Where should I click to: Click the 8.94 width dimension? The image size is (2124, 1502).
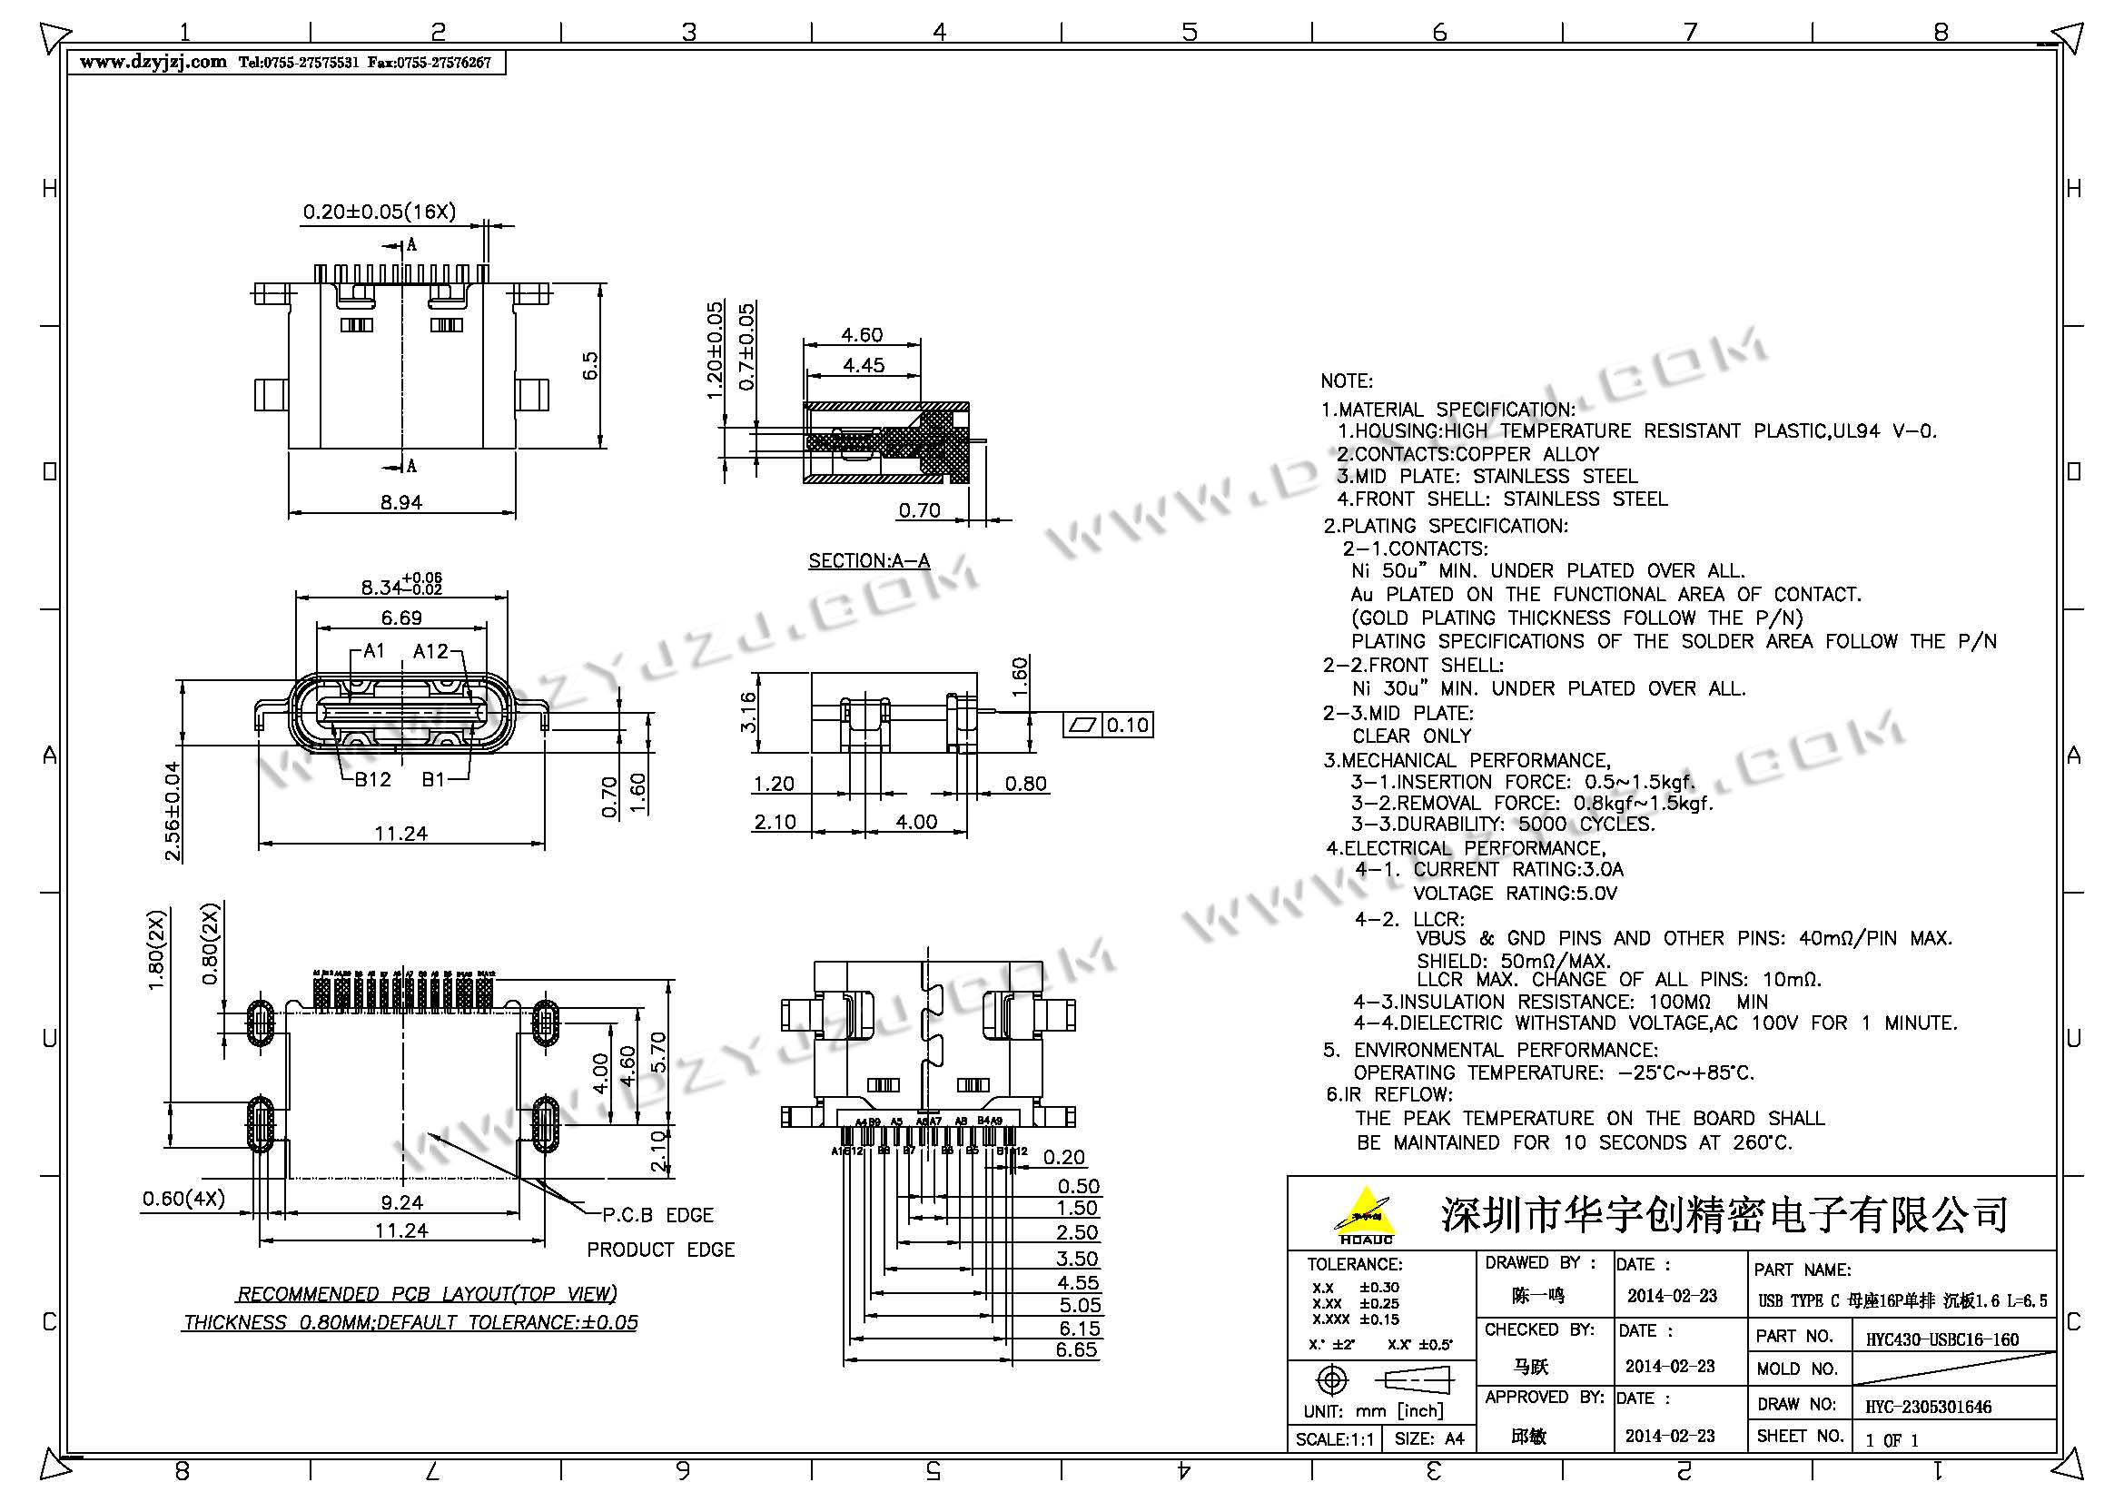tap(400, 502)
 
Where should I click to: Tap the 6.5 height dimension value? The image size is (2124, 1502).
tap(590, 364)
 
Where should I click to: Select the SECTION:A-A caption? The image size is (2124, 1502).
tap(869, 560)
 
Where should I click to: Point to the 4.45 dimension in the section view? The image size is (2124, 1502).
tap(863, 365)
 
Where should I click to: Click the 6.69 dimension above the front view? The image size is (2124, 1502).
tap(401, 618)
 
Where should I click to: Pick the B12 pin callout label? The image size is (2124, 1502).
tap(373, 780)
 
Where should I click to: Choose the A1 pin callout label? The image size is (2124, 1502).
tap(374, 651)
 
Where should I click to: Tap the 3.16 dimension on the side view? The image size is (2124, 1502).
tap(748, 712)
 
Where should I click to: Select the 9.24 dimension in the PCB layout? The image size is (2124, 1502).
tap(401, 1202)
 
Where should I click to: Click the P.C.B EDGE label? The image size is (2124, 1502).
tap(657, 1215)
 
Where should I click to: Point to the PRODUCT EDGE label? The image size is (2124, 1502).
tap(660, 1250)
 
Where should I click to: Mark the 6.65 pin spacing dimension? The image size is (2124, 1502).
tap(1078, 1349)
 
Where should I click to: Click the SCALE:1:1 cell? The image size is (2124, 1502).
tap(1334, 1439)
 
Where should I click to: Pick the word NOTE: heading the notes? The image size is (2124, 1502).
tap(1346, 381)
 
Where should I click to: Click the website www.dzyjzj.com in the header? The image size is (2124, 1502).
tap(153, 63)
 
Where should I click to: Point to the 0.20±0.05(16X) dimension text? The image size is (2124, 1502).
tap(380, 212)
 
